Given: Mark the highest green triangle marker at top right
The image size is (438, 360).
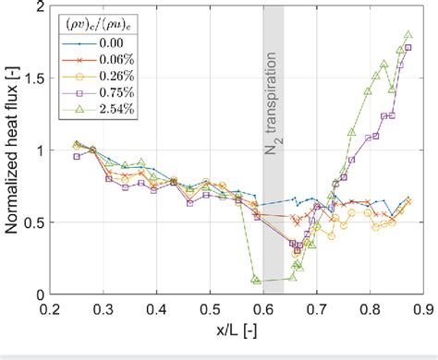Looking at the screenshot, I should tap(408, 35).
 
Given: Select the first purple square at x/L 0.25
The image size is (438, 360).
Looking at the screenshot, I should tap(76, 156).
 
